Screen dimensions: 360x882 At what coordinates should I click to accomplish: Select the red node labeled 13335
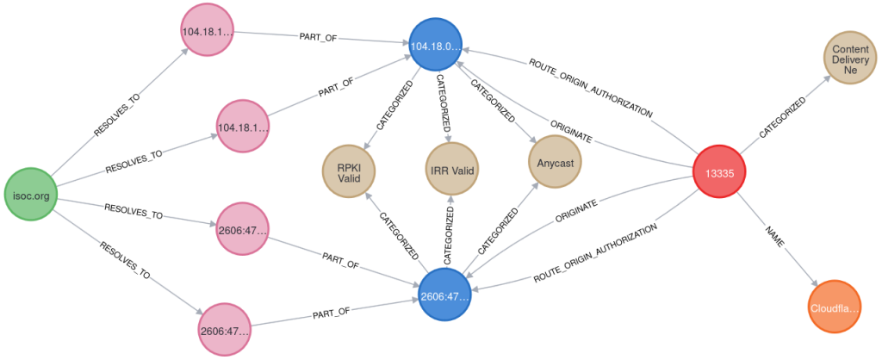click(x=719, y=172)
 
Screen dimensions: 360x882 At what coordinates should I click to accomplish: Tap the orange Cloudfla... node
click(x=835, y=307)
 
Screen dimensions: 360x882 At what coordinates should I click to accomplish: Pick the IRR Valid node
click(x=451, y=170)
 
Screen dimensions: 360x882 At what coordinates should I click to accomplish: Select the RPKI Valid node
click(x=348, y=170)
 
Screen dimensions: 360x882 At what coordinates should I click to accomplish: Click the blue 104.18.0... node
click(x=436, y=46)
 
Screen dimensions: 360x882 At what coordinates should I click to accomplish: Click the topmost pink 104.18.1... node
click(x=208, y=31)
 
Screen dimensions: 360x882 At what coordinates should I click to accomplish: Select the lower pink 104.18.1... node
click(x=242, y=127)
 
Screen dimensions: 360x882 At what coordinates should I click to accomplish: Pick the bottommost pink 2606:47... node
click(x=225, y=331)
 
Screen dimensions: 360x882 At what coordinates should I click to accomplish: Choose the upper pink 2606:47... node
click(x=242, y=229)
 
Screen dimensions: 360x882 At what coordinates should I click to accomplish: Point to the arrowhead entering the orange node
click(x=814, y=281)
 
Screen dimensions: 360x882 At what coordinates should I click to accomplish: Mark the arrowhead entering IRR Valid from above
click(x=449, y=139)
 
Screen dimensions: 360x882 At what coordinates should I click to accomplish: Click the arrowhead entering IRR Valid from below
click(x=451, y=201)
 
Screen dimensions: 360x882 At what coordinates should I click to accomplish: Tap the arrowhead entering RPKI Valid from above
click(x=368, y=145)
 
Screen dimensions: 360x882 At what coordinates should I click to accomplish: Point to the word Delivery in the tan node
click(x=850, y=60)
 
